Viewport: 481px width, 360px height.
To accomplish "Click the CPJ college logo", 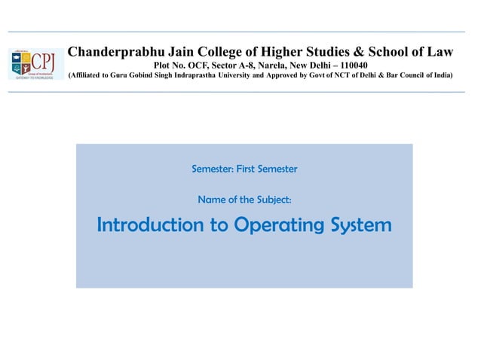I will (36, 63).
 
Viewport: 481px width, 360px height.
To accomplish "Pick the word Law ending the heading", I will (440, 52).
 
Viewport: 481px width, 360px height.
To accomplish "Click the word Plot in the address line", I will (164, 65).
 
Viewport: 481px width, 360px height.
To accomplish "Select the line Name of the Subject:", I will (244, 200).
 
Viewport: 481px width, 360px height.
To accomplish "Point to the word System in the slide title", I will (360, 225).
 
